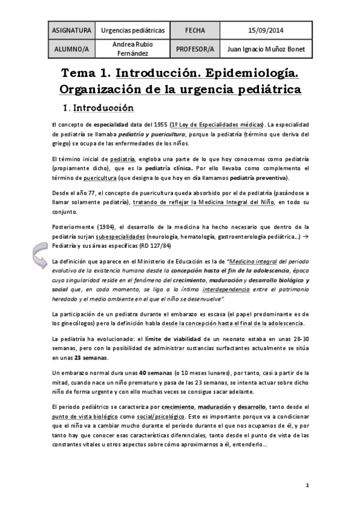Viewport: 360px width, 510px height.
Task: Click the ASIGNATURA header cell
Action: click(72, 29)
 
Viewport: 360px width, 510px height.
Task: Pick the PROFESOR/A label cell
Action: click(195, 49)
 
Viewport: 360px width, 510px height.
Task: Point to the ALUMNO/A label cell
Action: click(72, 49)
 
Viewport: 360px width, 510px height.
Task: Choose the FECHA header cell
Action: click(195, 29)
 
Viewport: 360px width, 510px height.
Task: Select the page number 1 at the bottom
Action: click(307, 485)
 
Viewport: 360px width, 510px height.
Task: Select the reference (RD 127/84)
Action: click(149, 245)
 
